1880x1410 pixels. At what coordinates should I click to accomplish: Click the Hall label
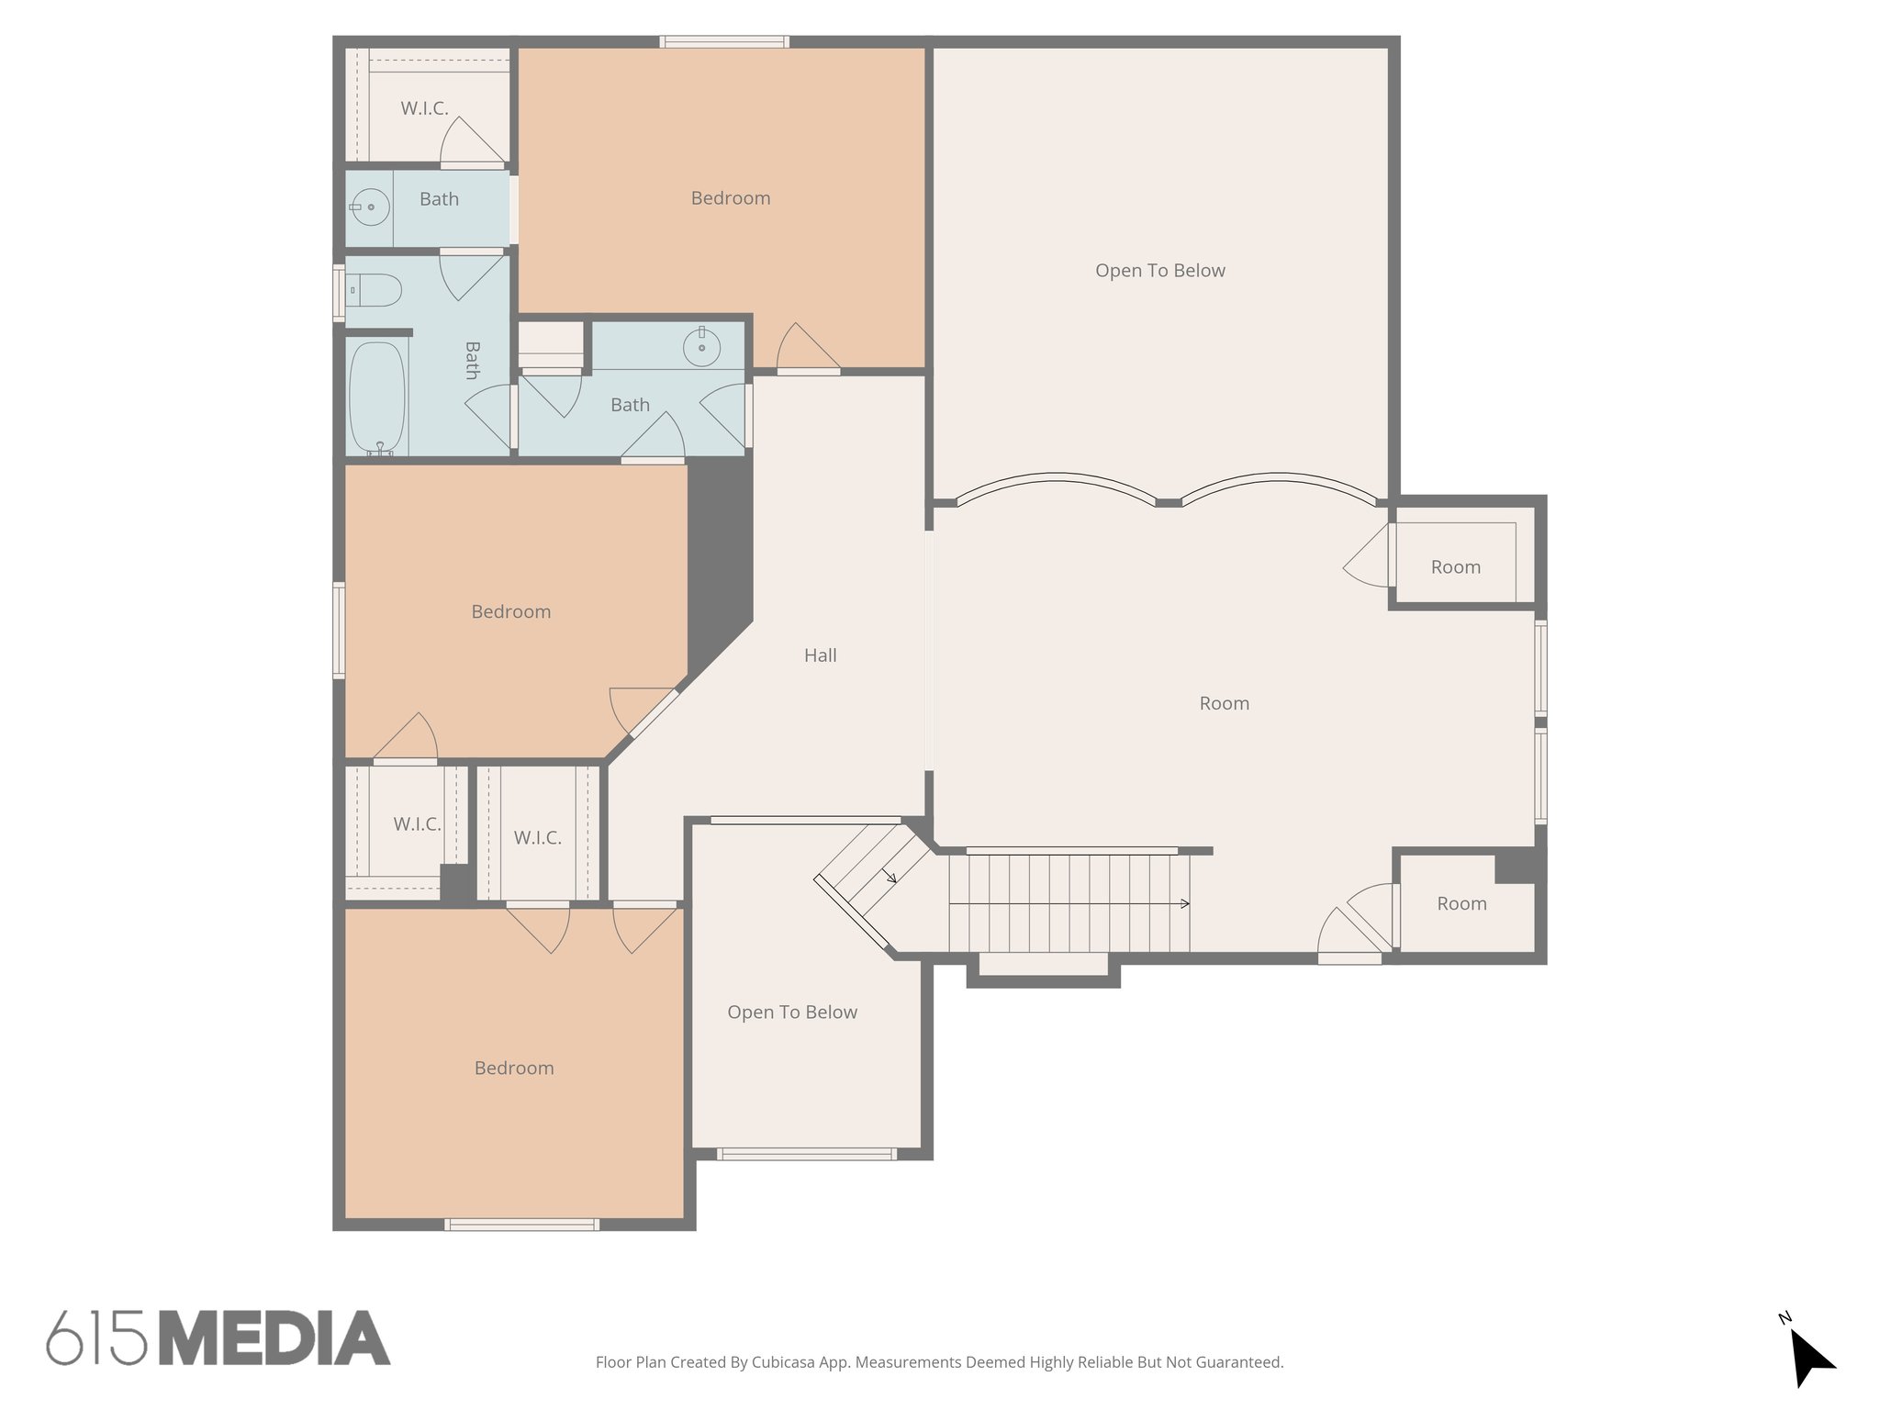820,655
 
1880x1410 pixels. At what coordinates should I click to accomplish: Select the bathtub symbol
377,399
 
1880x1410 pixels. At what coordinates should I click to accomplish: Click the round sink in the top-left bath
370,207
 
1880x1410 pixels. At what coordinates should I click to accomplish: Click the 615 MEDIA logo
218,1337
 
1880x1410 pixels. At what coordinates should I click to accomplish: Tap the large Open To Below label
1159,271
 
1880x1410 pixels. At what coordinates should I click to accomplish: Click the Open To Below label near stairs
791,1013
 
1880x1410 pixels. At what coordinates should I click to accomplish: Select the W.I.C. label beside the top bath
424,108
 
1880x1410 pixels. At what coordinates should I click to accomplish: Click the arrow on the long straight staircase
1184,903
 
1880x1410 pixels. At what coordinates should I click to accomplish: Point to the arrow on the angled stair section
890,877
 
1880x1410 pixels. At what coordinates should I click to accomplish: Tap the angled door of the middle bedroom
643,711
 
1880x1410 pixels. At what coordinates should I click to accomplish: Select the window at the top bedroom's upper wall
724,42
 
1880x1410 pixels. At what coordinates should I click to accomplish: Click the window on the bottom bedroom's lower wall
521,1224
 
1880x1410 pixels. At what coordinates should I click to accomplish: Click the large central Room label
1224,703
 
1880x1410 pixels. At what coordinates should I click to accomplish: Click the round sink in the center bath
701,348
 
